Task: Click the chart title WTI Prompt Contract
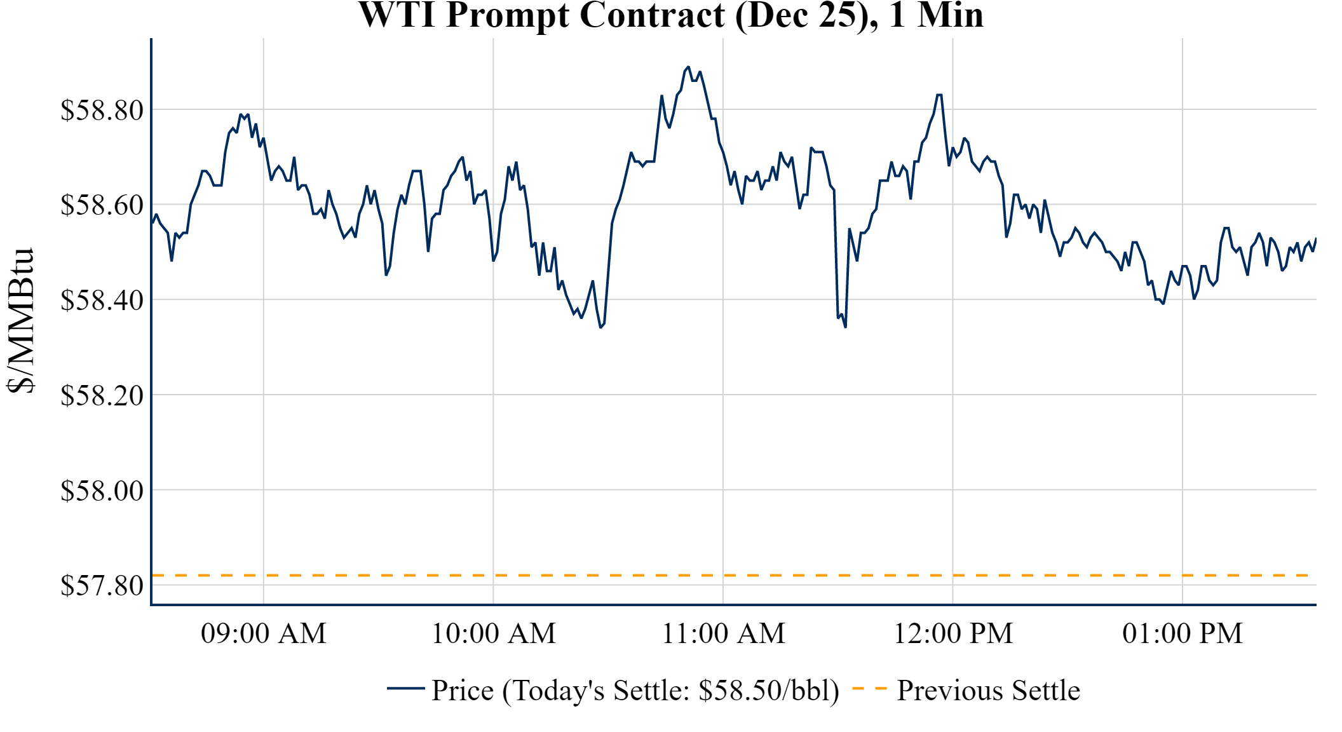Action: pyautogui.click(x=670, y=15)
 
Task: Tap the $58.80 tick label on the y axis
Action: pyautogui.click(x=102, y=110)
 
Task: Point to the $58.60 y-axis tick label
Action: pyautogui.click(x=102, y=205)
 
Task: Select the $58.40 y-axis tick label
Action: pyautogui.click(x=102, y=300)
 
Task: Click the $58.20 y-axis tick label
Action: pyautogui.click(x=102, y=395)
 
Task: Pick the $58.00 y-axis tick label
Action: pyautogui.click(x=102, y=491)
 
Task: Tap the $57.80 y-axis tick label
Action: pyautogui.click(x=102, y=585)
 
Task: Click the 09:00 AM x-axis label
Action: pyautogui.click(x=264, y=634)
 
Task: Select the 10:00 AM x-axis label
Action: pyautogui.click(x=494, y=634)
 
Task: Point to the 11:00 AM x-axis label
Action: pyautogui.click(x=723, y=634)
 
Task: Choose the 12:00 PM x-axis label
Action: pyautogui.click(x=953, y=634)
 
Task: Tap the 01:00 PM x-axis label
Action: pyautogui.click(x=1183, y=634)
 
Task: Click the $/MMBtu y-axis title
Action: pyautogui.click(x=20, y=321)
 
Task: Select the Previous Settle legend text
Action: pyautogui.click(x=988, y=691)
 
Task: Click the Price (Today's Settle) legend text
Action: pyautogui.click(x=635, y=691)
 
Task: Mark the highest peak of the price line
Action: pyautogui.click(x=688, y=67)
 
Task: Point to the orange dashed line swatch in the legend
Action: pyautogui.click(x=869, y=689)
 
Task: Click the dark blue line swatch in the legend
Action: pyautogui.click(x=405, y=688)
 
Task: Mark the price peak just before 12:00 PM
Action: pyautogui.click(x=939, y=95)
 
